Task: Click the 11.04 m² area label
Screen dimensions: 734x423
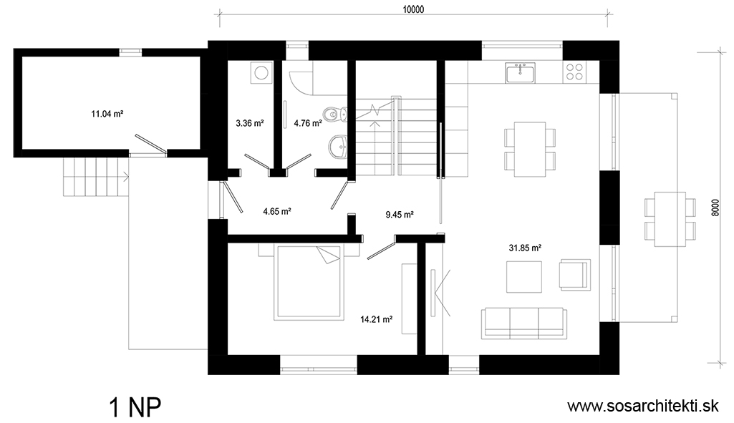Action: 107,114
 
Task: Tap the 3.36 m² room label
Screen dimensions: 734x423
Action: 249,124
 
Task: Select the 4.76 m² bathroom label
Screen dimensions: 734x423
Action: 307,124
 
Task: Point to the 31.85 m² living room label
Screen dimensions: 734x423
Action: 525,248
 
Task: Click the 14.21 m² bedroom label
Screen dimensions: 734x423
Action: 377,320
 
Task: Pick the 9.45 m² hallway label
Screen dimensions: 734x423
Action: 400,215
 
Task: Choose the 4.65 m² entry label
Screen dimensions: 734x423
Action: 277,212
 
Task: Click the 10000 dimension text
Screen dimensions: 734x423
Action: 413,9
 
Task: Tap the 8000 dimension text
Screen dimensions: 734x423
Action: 715,207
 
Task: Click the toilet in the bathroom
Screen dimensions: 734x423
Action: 335,113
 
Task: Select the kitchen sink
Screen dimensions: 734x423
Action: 520,73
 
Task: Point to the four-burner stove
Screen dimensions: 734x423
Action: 575,72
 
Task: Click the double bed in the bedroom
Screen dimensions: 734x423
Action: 310,282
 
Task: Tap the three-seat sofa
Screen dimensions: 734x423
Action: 523,324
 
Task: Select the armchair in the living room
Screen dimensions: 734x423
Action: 574,275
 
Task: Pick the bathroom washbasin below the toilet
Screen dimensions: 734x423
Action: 338,147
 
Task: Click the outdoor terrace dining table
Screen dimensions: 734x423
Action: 670,219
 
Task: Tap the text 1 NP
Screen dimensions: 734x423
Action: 135,407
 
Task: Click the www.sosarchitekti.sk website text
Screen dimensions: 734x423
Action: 643,406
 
